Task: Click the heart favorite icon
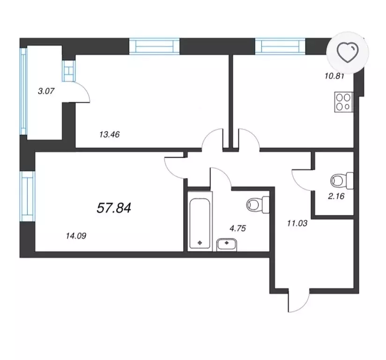pos(347,52)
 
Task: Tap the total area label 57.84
pos(114,208)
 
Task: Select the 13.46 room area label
pos(110,135)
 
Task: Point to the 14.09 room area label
pos(76,236)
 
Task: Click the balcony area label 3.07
pos(46,91)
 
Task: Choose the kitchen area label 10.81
pos(334,76)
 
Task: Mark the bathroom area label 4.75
pos(238,228)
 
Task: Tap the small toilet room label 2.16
pos(336,196)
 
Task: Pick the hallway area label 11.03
pos(297,224)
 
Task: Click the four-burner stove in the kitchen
pos(344,102)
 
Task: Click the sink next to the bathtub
pos(227,245)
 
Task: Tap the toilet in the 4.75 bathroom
pos(258,204)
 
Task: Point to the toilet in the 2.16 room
pos(342,180)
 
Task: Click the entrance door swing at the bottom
pos(298,300)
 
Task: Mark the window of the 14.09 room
pos(27,196)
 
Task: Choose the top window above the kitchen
pos(280,46)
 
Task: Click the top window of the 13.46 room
pos(154,46)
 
